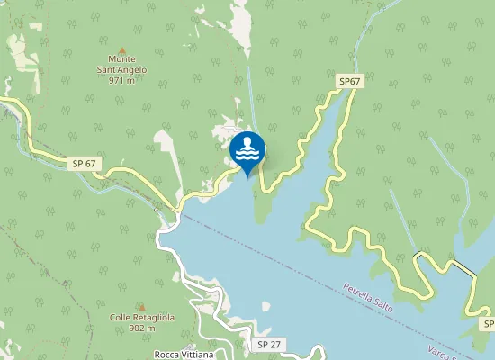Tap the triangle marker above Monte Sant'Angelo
121,49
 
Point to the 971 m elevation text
121,80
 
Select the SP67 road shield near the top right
349,82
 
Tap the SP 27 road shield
269,345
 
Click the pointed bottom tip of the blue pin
247,175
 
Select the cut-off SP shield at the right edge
489,323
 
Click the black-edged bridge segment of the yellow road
463,268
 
